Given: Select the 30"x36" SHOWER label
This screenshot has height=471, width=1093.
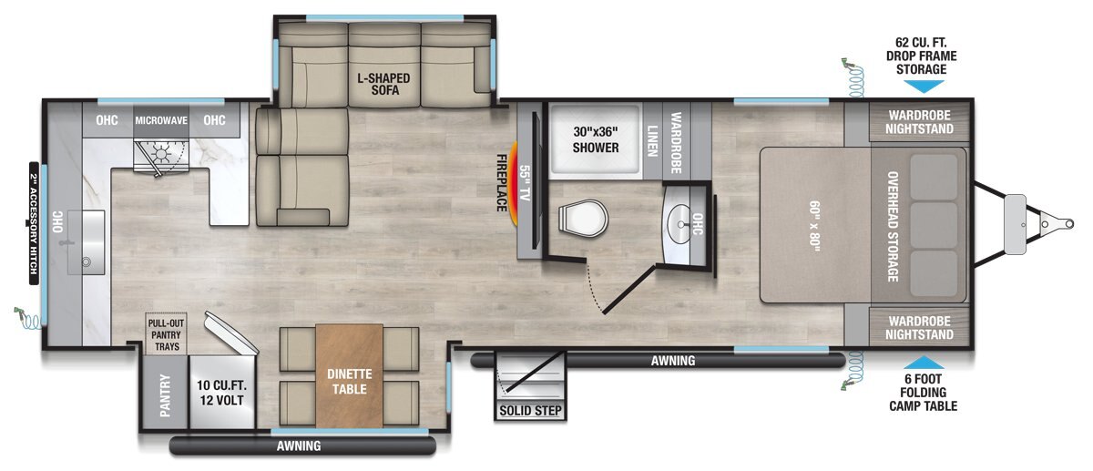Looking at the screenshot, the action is [596, 139].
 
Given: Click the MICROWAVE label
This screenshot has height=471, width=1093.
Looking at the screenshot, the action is [161, 120].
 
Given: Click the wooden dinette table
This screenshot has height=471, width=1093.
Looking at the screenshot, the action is [349, 376].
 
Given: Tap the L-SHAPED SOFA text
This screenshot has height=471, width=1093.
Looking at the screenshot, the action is [384, 84].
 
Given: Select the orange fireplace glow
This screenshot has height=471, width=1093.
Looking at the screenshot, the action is [512, 183].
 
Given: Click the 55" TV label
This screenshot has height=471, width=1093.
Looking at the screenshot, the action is [525, 183].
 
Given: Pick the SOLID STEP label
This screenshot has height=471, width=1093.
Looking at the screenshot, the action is [530, 411].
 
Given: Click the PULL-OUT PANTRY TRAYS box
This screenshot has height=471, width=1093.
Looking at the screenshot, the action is [167, 334].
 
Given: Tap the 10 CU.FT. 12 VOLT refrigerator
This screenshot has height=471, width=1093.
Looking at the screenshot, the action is [221, 393].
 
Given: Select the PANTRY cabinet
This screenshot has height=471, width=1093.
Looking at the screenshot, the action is [166, 393].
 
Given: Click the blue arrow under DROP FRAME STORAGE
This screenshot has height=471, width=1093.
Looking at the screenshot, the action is [924, 87].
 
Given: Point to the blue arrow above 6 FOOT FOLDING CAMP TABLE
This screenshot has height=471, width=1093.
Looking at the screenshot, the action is [924, 363].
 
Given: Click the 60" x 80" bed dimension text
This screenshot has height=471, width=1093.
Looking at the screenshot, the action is [814, 226].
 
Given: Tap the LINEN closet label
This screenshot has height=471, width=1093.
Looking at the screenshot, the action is [652, 141].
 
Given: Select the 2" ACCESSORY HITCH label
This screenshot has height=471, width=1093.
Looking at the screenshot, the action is [34, 223].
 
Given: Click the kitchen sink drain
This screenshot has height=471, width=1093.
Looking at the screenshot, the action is [87, 262].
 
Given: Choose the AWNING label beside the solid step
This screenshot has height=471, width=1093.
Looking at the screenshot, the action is [673, 361].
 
